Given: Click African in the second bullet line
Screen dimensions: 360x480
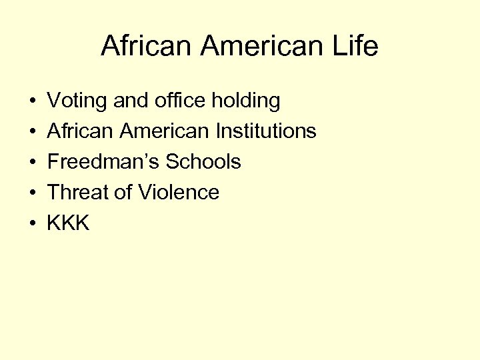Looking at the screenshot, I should [x=81, y=131].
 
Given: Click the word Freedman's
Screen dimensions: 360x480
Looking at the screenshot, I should [x=103, y=162].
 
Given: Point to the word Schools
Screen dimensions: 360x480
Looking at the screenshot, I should [x=203, y=162].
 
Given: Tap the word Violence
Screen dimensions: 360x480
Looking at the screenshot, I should [x=179, y=193].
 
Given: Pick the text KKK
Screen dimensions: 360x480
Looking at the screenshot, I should [x=68, y=223].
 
